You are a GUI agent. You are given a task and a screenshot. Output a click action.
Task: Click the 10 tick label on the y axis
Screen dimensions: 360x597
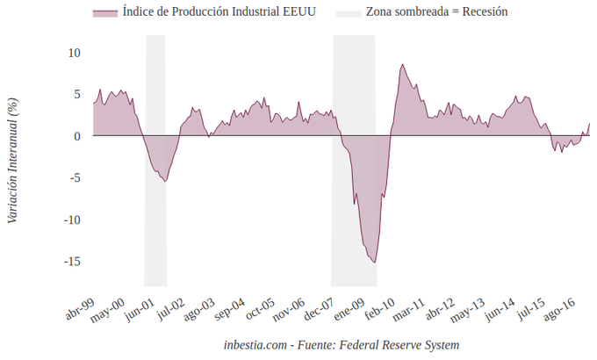pyautogui.click(x=75, y=53)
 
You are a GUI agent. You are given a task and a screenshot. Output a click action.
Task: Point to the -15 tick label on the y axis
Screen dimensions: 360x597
pyautogui.click(x=73, y=262)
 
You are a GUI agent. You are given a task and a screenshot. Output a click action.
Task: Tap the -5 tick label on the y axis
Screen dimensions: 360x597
pyautogui.click(x=75, y=178)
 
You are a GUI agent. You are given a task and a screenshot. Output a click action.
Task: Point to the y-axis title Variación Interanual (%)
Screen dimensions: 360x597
pyautogui.click(x=12, y=159)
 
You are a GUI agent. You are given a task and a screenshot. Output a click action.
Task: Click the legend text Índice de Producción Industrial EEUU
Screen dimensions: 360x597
pyautogui.click(x=219, y=12)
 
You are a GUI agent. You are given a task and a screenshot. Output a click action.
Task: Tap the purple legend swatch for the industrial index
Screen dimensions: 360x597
pyautogui.click(x=104, y=12)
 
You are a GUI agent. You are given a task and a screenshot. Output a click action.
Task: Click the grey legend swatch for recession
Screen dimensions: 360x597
pyautogui.click(x=349, y=12)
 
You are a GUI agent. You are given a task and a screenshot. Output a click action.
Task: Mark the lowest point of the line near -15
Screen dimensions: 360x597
pyautogui.click(x=375, y=262)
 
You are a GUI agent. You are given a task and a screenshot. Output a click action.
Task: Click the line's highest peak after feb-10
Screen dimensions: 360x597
pyautogui.click(x=402, y=64)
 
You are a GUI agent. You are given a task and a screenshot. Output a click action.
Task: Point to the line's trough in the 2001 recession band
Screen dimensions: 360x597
pyautogui.click(x=165, y=182)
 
